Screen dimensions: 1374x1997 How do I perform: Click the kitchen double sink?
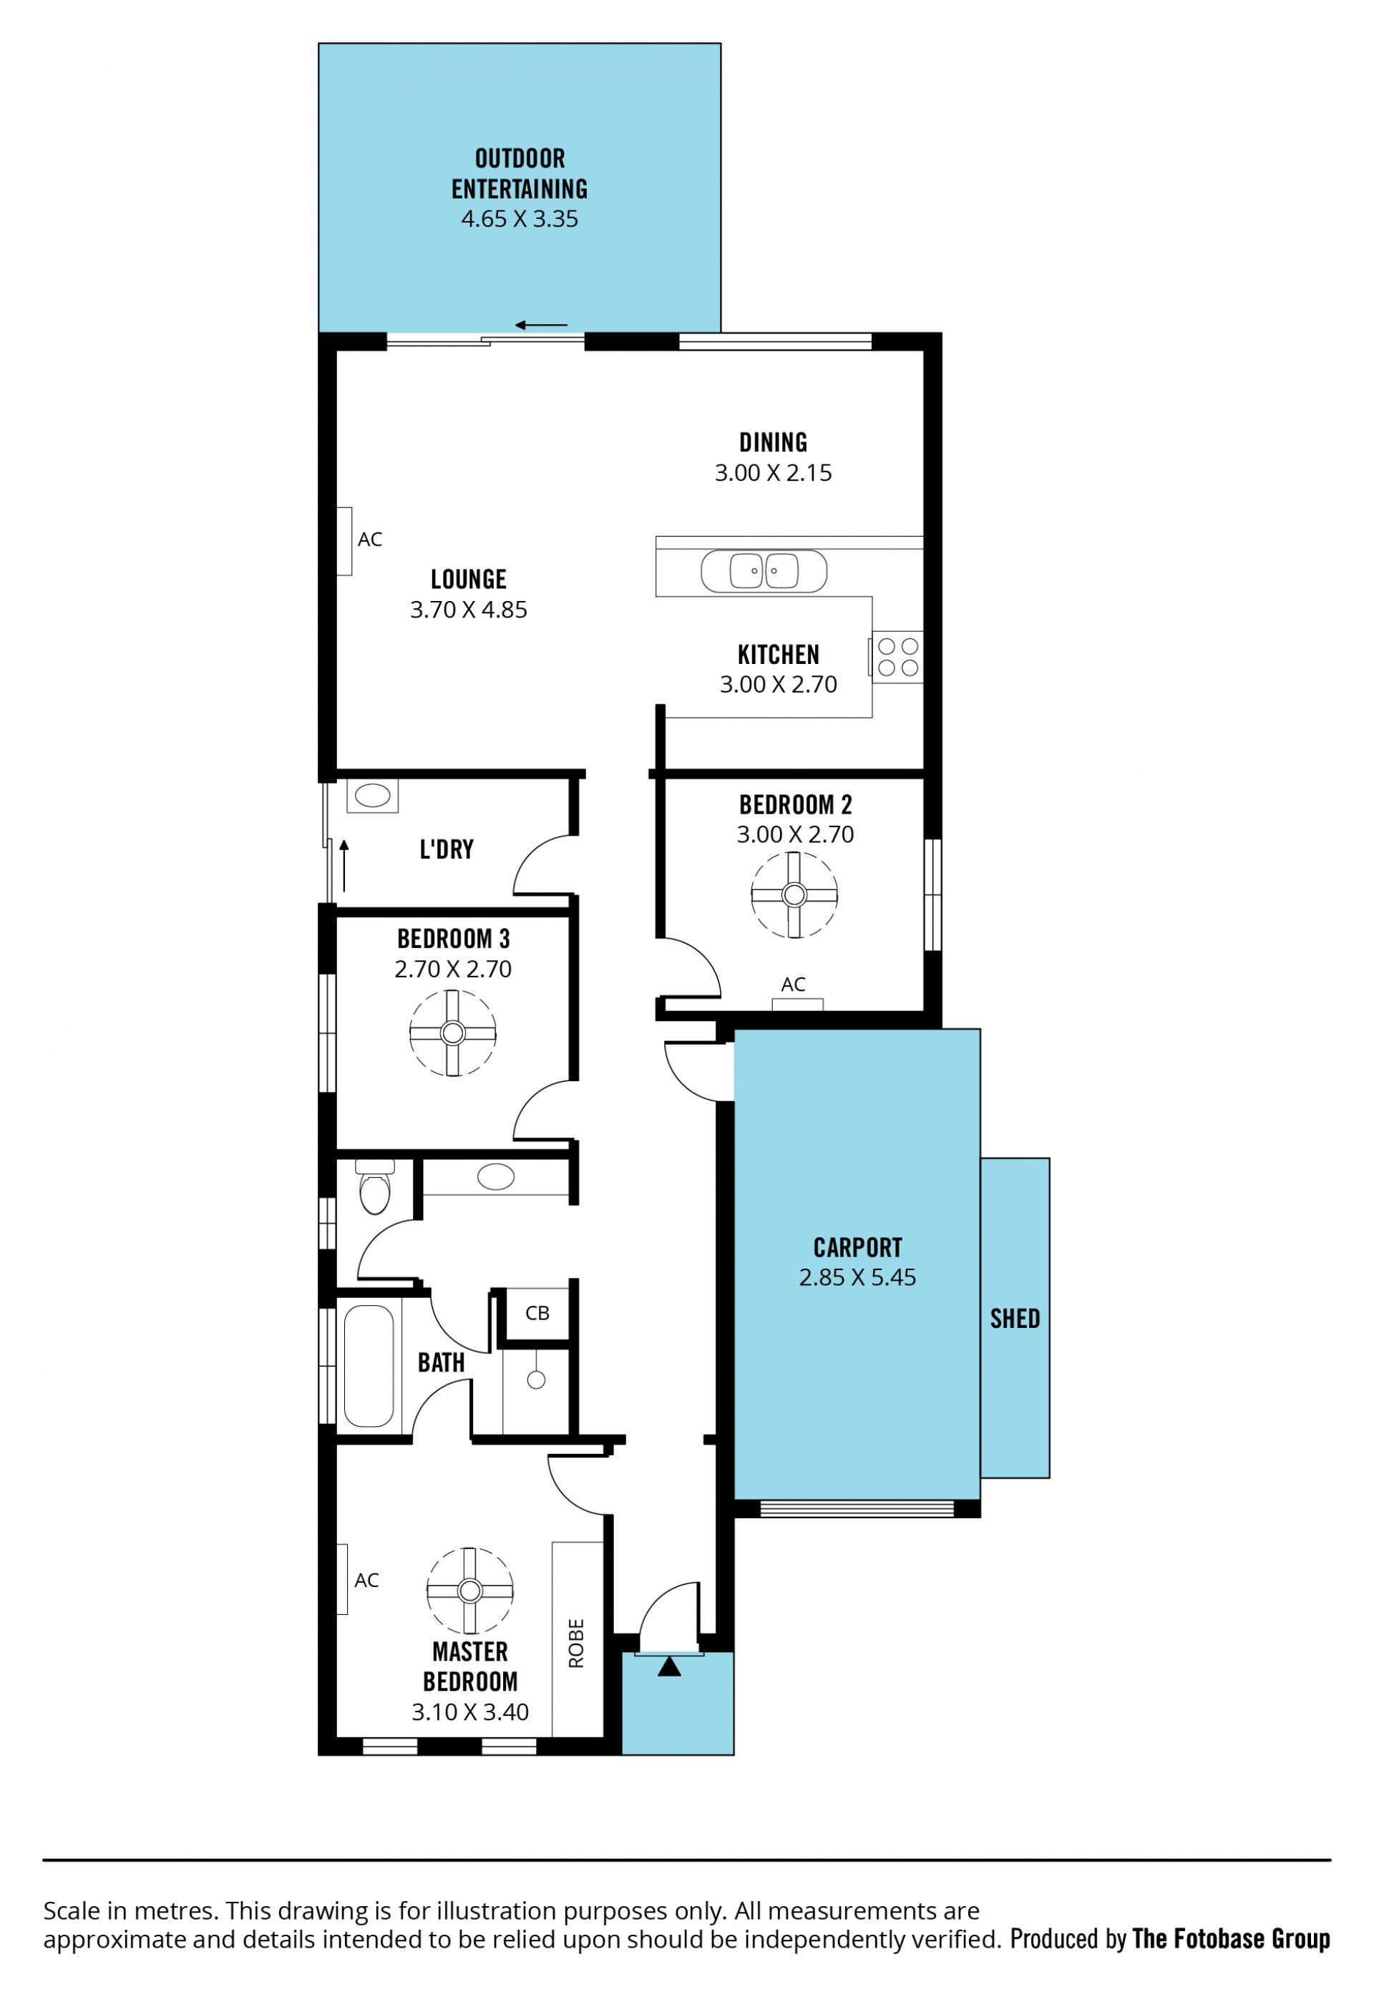pos(764,571)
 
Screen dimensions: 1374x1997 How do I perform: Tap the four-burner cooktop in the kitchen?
pos(897,658)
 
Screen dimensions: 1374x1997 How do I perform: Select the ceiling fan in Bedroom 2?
pos(794,895)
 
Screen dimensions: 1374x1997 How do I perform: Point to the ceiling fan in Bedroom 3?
pos(453,1033)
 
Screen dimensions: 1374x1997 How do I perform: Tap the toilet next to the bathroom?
pos(374,1187)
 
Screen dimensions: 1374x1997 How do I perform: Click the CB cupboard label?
pos(537,1313)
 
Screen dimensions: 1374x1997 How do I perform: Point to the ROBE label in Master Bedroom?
pos(577,1644)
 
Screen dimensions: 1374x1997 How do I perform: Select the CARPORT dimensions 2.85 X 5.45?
pos(857,1277)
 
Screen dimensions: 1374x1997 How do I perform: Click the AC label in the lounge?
pos(370,539)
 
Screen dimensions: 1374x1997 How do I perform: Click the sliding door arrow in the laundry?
pos(343,866)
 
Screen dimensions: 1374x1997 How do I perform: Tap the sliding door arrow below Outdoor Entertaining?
pos(542,325)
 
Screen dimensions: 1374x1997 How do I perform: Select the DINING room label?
pos(773,442)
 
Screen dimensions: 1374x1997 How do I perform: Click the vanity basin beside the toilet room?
pos(496,1176)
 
